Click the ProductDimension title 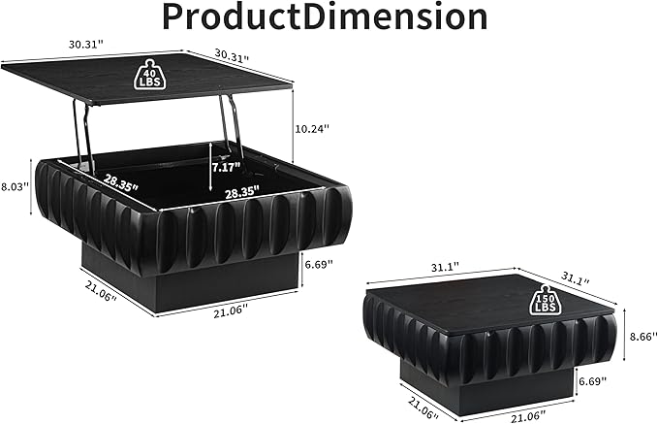click(325, 16)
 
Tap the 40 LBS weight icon click(149, 75)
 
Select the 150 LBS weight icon click(546, 299)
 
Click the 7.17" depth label click(226, 167)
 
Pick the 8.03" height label click(15, 186)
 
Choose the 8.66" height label click(642, 337)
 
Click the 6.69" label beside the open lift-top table click(318, 264)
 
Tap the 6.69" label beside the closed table click(592, 381)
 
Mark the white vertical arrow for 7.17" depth click(209, 166)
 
